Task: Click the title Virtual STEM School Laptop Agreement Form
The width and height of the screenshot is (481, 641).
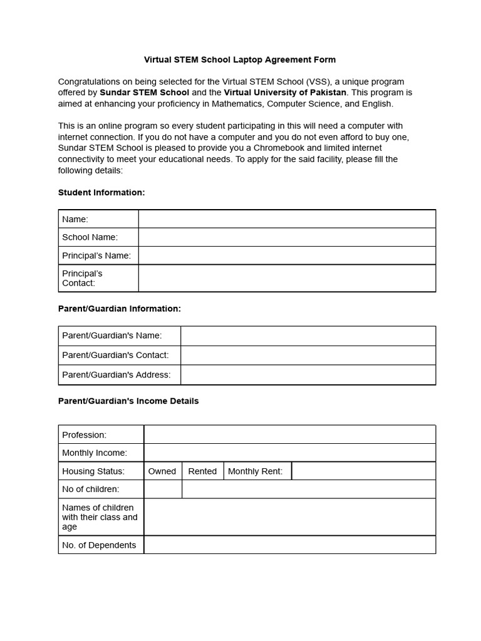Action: [240, 60]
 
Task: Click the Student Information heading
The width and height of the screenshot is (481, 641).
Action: [101, 193]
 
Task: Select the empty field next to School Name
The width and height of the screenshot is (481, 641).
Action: [287, 237]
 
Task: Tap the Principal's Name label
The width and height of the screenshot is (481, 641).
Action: [96, 255]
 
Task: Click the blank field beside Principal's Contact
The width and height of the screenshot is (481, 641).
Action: [287, 278]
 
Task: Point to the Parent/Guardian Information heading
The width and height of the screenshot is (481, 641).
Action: [119, 309]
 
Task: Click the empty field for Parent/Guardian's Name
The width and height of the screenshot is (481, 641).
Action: [308, 336]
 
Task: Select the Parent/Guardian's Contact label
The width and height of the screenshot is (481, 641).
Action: [115, 355]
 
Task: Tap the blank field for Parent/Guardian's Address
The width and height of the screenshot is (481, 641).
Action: [308, 375]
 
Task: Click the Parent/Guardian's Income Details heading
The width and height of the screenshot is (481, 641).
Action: [128, 401]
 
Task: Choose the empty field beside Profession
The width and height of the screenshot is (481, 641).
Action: [289, 434]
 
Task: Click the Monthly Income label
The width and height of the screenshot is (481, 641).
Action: [95, 453]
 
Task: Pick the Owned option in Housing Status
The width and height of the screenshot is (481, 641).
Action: [162, 471]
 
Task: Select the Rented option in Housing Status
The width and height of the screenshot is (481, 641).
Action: [202, 471]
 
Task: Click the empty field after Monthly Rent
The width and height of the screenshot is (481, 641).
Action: [363, 471]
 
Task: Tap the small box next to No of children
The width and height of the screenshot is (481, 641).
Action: [163, 489]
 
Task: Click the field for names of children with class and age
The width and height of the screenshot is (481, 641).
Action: [289, 517]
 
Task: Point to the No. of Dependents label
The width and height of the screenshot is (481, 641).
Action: [99, 545]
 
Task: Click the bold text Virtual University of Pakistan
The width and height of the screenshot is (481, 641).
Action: [285, 93]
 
